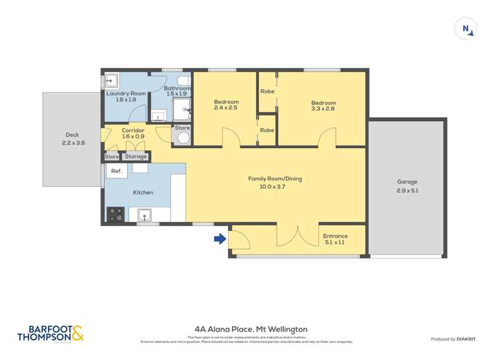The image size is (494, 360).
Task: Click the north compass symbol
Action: tap(466, 28)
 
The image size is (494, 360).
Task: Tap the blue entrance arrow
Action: tap(220, 240)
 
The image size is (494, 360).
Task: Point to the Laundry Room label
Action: tap(126, 93)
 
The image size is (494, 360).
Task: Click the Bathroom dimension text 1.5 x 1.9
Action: tap(177, 94)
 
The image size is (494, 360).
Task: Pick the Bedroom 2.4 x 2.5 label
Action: tap(226, 106)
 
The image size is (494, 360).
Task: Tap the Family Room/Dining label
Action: tap(275, 182)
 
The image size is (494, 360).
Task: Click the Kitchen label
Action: tap(143, 192)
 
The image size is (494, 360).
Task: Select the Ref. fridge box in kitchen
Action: tap(117, 171)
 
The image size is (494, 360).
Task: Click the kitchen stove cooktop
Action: tap(115, 214)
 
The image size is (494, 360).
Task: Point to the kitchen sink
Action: tap(144, 214)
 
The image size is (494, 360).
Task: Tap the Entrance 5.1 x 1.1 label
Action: tap(335, 239)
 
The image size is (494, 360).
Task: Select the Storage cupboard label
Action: tap(136, 157)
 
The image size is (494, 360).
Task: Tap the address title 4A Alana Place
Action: tap(251, 329)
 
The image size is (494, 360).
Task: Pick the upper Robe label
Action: tap(267, 91)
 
